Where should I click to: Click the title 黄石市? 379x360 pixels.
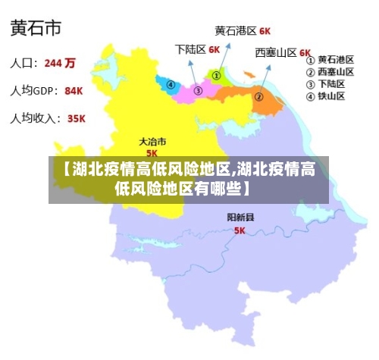[x=36, y=30]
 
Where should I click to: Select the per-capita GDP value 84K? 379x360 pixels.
[x=74, y=91]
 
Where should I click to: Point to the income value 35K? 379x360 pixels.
[x=76, y=119]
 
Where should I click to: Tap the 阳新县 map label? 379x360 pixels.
[x=241, y=218]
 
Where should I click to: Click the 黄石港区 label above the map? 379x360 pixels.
[x=235, y=32]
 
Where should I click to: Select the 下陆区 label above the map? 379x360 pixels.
[x=190, y=49]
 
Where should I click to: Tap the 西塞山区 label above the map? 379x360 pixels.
[x=276, y=53]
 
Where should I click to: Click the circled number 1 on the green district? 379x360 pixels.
[x=216, y=76]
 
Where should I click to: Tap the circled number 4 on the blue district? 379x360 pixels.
[x=171, y=85]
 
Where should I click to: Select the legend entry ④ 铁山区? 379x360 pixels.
[x=326, y=96]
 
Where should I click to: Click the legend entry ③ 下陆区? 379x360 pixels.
[x=326, y=84]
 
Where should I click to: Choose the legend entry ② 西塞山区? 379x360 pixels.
[x=330, y=72]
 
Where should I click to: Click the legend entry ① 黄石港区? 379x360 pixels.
[x=330, y=59]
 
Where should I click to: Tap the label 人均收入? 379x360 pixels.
[x=35, y=119]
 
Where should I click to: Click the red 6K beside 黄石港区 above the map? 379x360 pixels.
[x=265, y=32]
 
